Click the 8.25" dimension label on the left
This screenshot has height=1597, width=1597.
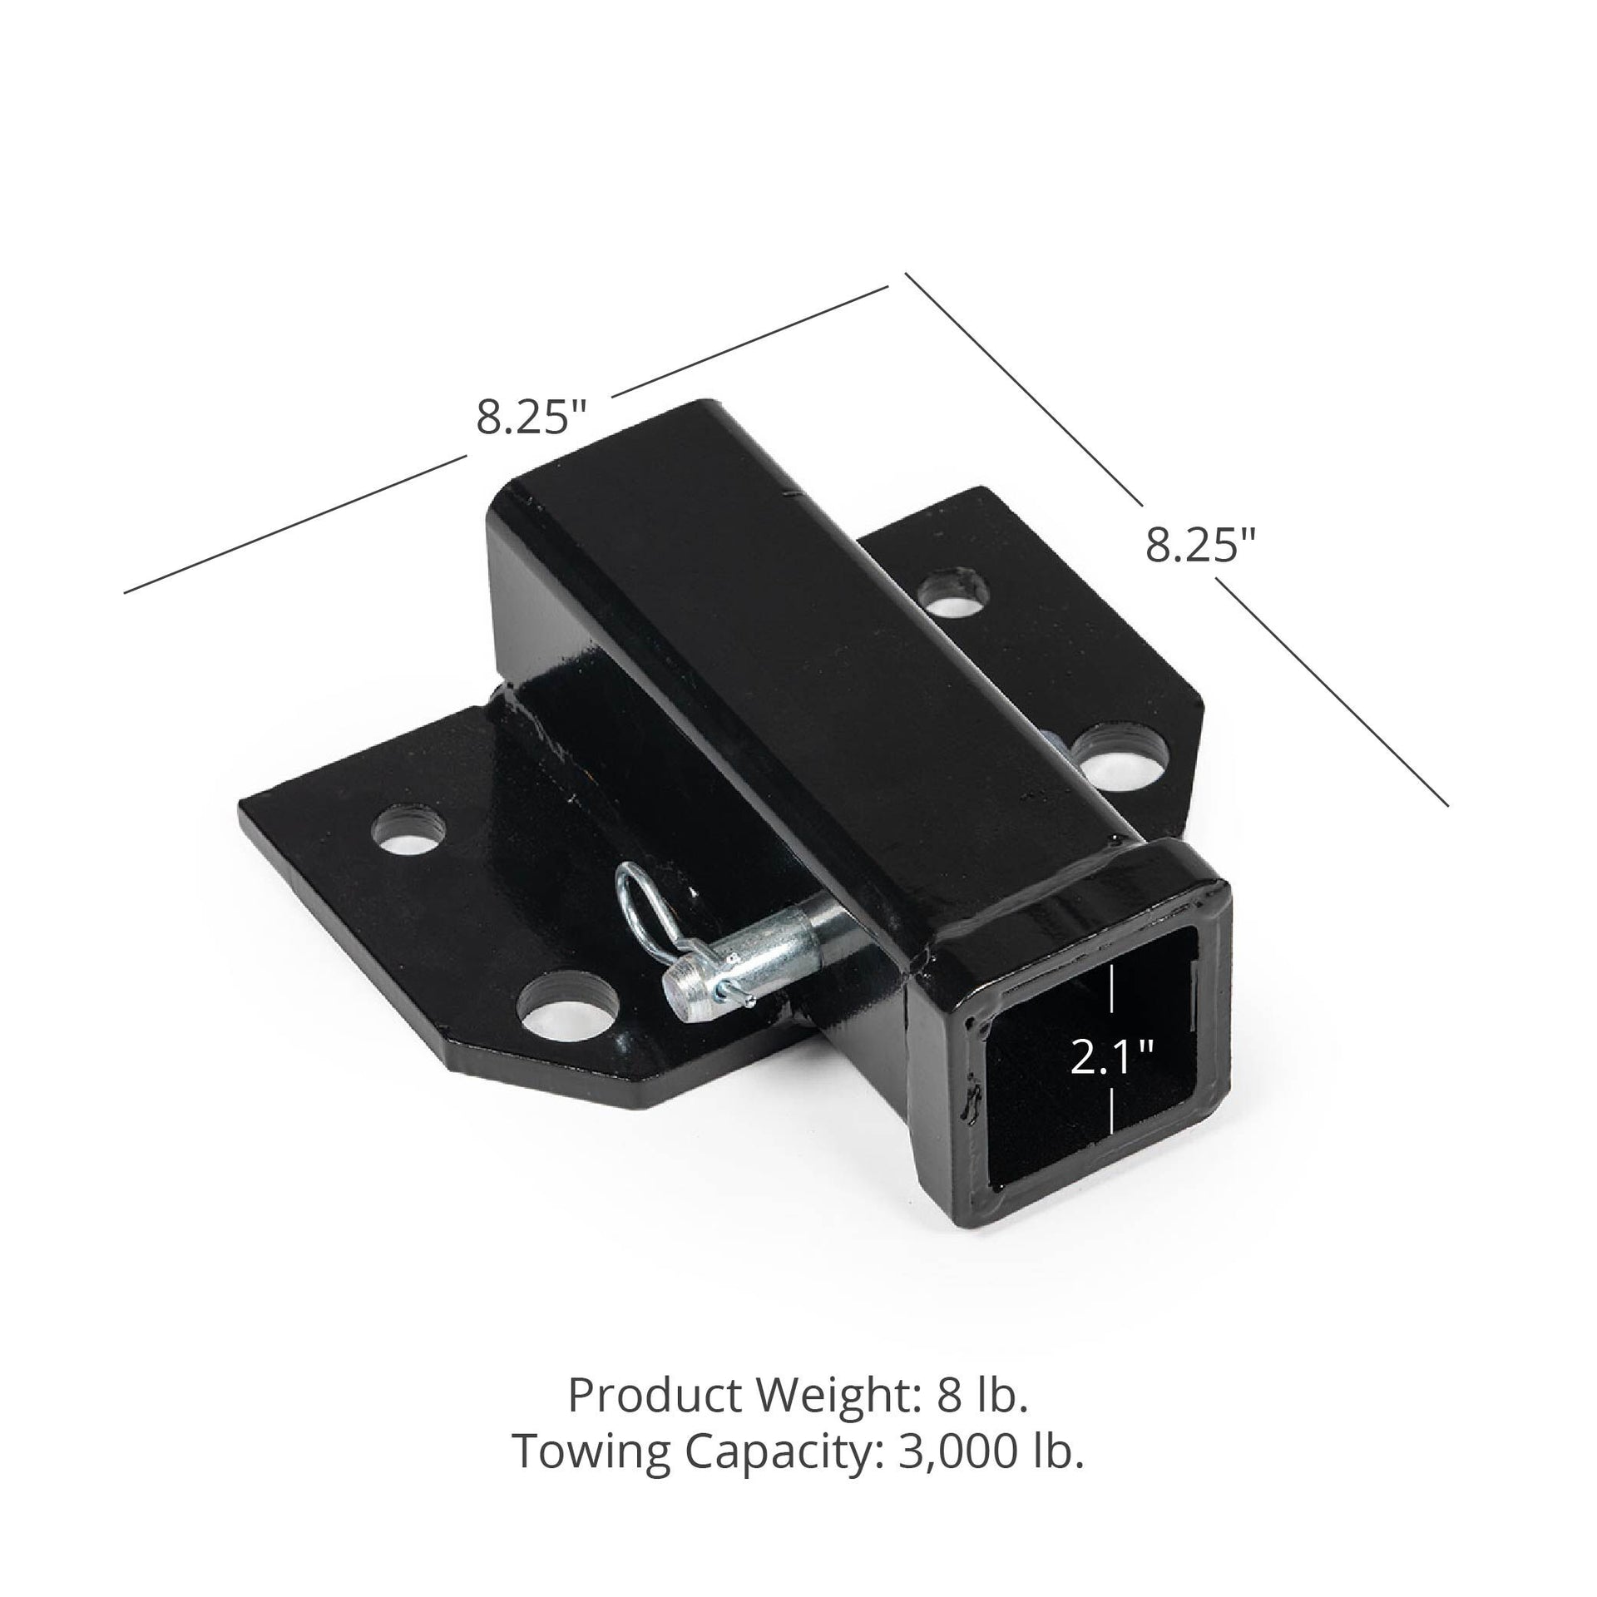pyautogui.click(x=532, y=417)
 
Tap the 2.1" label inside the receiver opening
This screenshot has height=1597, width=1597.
pyautogui.click(x=1111, y=1058)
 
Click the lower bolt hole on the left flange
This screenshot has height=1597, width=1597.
pyautogui.click(x=567, y=1004)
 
